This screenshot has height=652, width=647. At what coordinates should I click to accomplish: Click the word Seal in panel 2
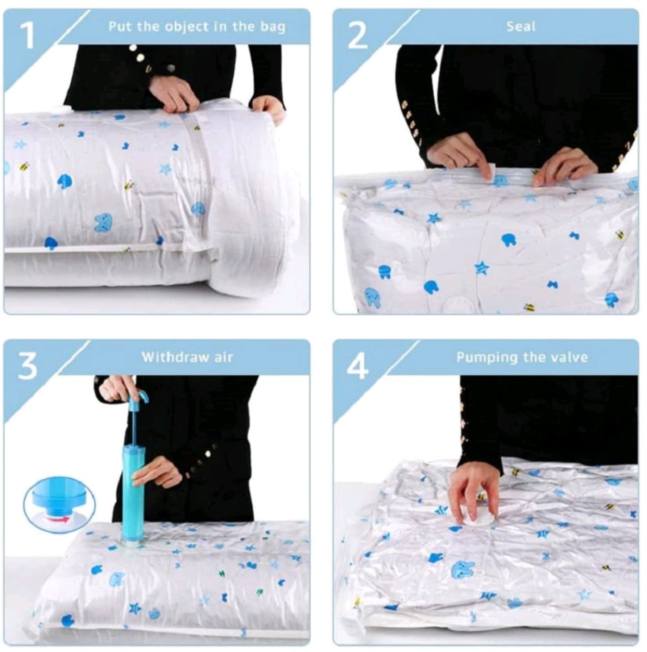point(521,26)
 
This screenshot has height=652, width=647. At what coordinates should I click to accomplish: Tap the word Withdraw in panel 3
point(174,357)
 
